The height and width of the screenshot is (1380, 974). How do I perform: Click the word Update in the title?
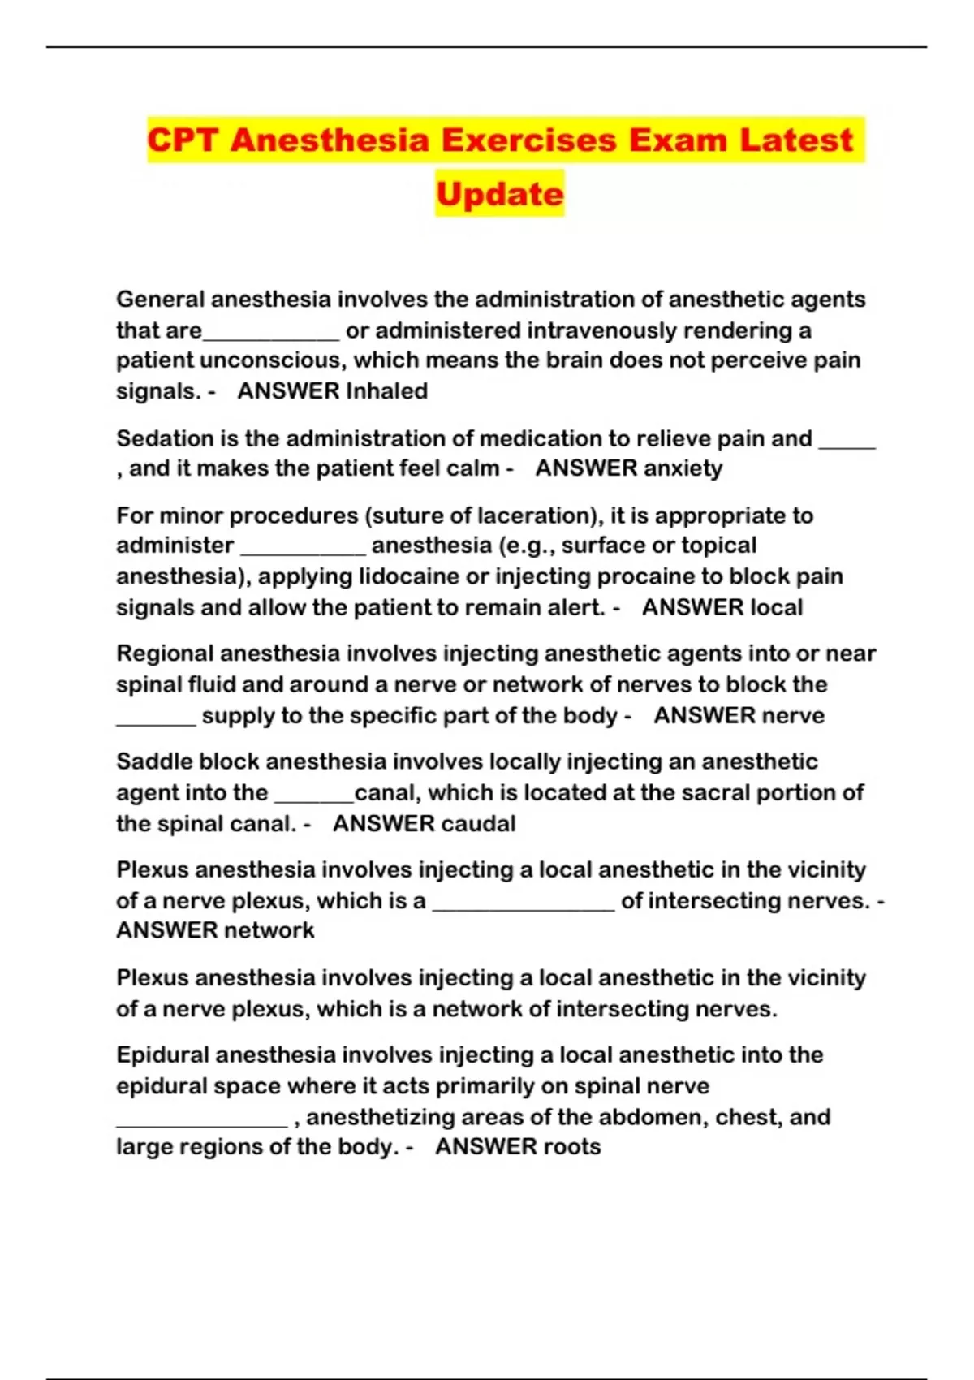[x=499, y=194]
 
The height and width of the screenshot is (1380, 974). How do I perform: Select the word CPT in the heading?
[x=183, y=140]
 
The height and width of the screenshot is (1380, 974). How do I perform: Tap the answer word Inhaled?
[x=387, y=391]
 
